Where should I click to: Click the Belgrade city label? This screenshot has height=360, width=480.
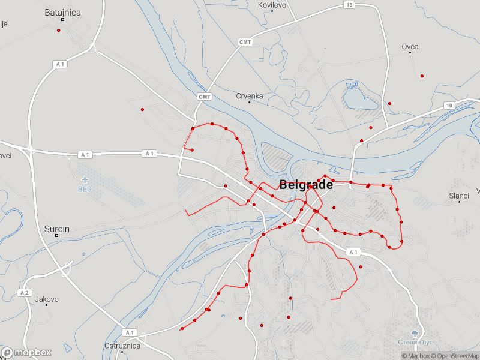click(306, 185)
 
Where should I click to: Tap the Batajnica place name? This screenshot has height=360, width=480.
click(62, 12)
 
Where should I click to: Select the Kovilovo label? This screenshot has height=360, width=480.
click(272, 5)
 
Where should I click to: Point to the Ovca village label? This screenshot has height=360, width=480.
click(410, 47)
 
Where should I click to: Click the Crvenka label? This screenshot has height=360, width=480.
click(250, 96)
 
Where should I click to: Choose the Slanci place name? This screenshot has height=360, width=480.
click(459, 196)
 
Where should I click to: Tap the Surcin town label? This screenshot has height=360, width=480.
click(57, 229)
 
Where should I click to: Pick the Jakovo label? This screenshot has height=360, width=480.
click(47, 299)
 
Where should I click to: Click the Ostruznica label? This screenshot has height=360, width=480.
click(122, 346)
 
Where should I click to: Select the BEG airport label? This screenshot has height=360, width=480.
click(85, 188)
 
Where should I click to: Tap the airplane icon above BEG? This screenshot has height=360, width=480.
click(85, 179)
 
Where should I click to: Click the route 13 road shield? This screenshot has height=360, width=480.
click(349, 5)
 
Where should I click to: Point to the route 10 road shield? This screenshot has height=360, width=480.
click(449, 106)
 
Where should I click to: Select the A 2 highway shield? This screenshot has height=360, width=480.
click(24, 293)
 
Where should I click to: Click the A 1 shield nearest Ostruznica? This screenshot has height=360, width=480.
click(129, 332)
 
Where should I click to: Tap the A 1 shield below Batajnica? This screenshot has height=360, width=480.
click(59, 64)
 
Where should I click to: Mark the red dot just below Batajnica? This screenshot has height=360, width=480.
click(59, 30)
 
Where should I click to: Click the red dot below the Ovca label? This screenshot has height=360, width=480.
click(422, 76)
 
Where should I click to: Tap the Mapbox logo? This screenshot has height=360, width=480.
click(26, 353)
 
